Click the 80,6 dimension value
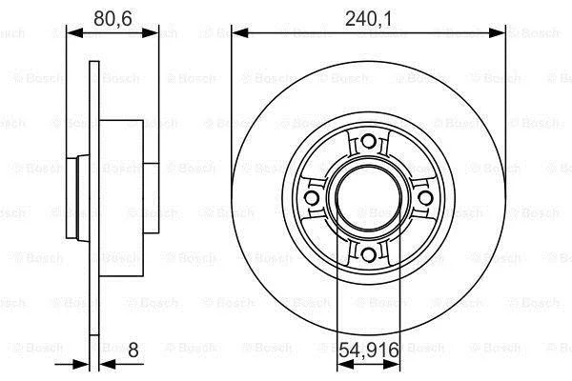(112, 19)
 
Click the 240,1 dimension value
(368, 19)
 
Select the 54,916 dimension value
(369, 351)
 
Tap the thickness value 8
(133, 351)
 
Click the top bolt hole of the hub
(368, 141)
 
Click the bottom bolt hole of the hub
(368, 254)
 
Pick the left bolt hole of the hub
(312, 198)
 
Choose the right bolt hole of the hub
(425, 198)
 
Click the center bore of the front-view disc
(368, 198)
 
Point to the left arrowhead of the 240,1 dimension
(239, 33)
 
